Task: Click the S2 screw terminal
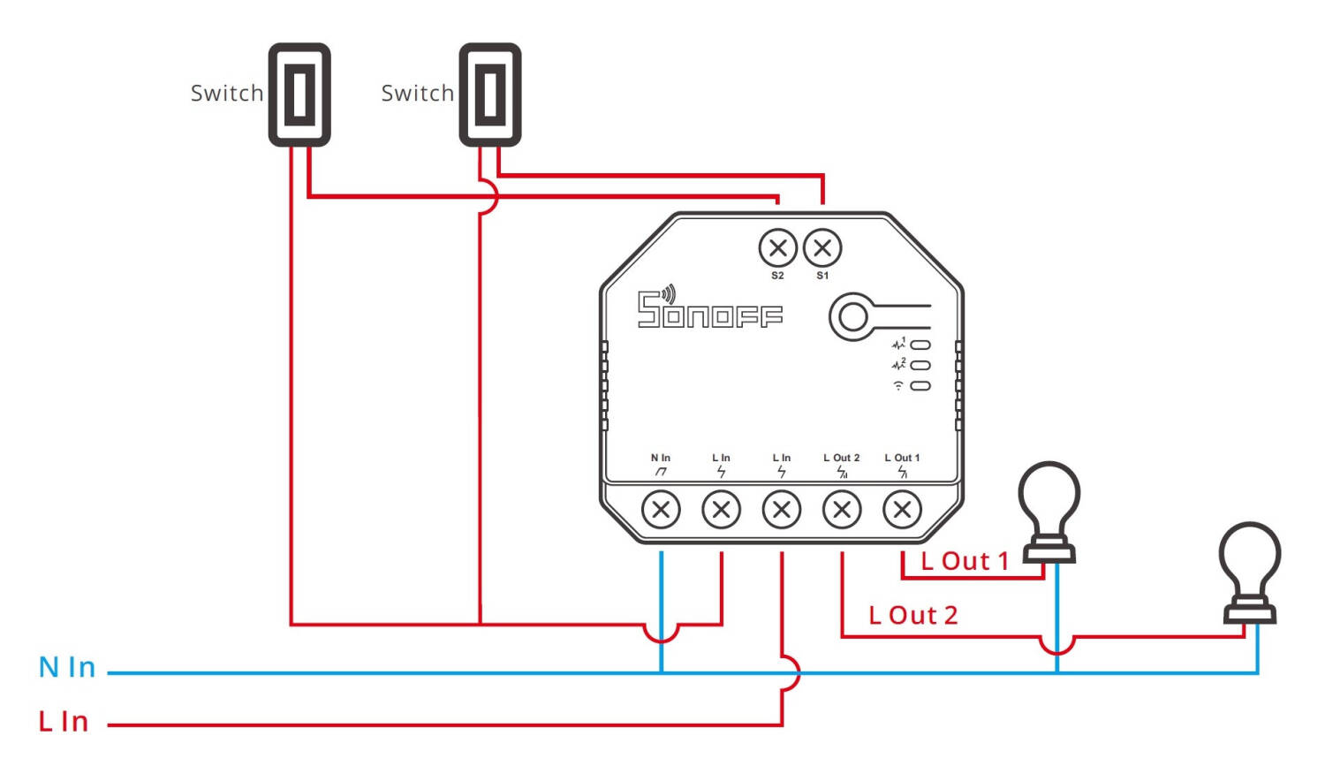tap(777, 248)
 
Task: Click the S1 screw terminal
tap(822, 248)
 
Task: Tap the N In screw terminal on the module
tap(661, 509)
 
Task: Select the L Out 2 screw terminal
tap(842, 509)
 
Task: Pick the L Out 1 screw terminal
tap(902, 509)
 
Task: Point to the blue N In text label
tap(67, 667)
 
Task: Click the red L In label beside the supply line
tap(64, 722)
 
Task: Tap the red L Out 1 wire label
tap(964, 561)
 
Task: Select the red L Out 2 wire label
tap(912, 615)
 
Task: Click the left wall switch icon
tap(299, 95)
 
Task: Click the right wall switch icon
tap(490, 95)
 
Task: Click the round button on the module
tap(853, 316)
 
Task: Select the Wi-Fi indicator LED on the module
tap(920, 386)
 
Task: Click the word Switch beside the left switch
tap(227, 93)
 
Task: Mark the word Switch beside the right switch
tap(417, 93)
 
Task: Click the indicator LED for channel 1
tap(920, 345)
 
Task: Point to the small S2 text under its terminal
tap(777, 276)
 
